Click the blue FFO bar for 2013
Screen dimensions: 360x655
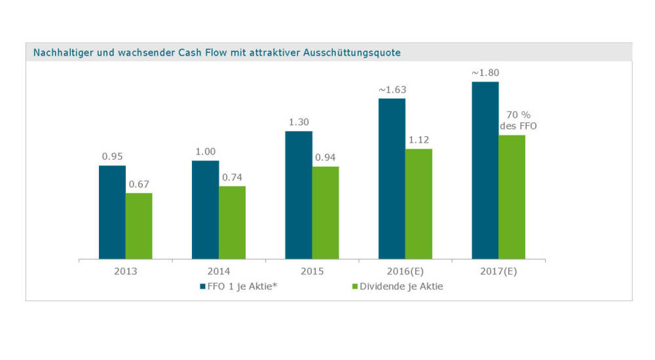[x=112, y=212]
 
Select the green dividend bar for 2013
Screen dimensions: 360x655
[x=139, y=226]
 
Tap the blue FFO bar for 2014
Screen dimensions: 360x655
[x=205, y=209]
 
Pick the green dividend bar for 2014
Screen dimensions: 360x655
[x=232, y=223]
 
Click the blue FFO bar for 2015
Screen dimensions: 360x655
[x=299, y=195]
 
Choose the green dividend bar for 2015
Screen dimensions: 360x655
[x=326, y=213]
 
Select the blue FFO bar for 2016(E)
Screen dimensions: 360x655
[x=392, y=179]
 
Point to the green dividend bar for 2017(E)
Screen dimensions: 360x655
[x=512, y=196]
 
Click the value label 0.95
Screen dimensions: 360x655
[x=112, y=156]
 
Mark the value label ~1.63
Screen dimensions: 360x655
[x=391, y=89]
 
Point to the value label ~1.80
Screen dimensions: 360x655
[x=485, y=73]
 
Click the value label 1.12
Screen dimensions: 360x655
[x=419, y=139]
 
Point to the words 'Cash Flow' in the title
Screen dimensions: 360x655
[x=201, y=52]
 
